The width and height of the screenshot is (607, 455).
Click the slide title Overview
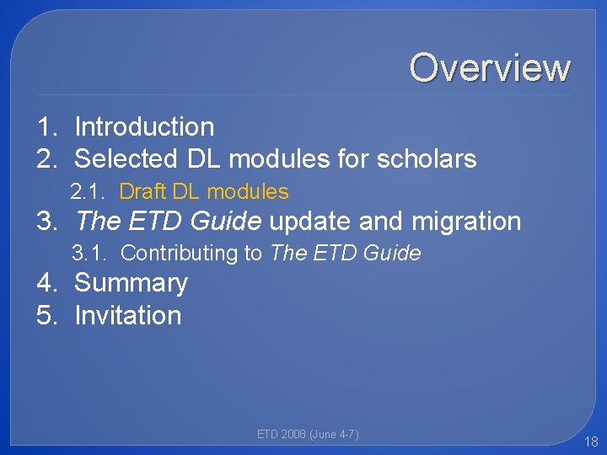(x=490, y=67)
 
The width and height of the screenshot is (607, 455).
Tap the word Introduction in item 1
(x=144, y=127)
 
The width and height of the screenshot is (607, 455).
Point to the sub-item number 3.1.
(x=89, y=253)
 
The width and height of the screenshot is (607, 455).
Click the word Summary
(x=131, y=283)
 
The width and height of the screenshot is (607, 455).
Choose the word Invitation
(x=127, y=316)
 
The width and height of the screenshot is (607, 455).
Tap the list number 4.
(x=46, y=283)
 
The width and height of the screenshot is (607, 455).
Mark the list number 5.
(x=46, y=316)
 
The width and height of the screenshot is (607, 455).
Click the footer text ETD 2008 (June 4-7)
(x=308, y=435)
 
